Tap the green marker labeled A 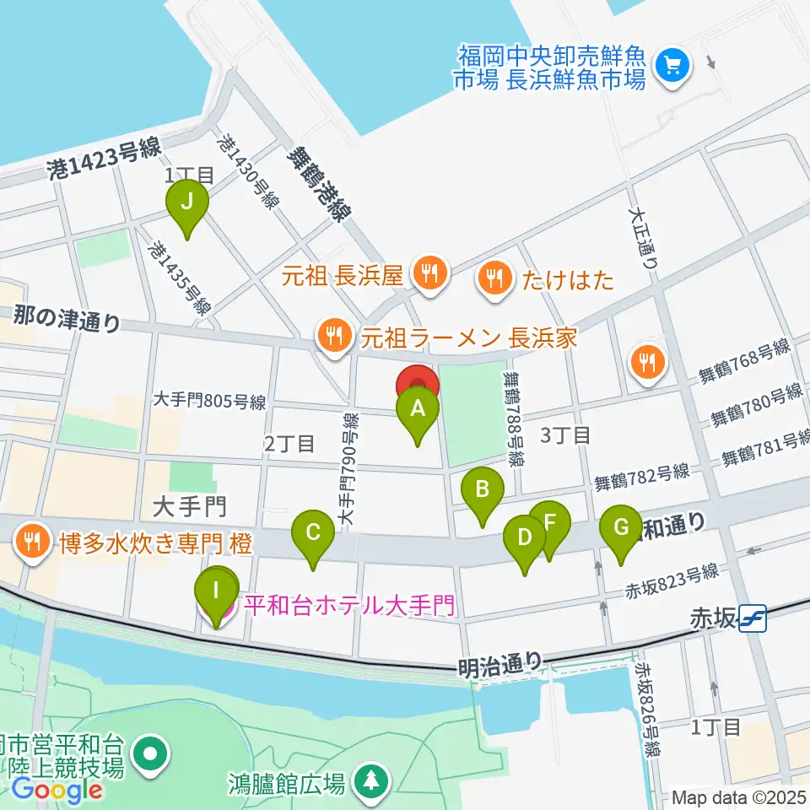(418, 410)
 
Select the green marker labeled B (483, 490)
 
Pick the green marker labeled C (312, 533)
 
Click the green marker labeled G (621, 530)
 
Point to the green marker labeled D (525, 538)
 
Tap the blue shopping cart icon (673, 62)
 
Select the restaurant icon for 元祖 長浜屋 (429, 273)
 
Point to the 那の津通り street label (66, 320)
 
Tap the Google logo (57, 791)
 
